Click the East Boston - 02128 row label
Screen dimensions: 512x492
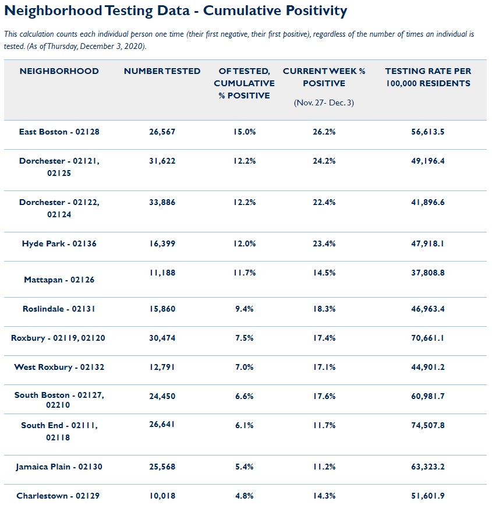coord(59,132)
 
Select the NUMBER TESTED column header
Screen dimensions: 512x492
coord(162,71)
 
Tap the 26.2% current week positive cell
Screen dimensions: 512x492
coord(324,132)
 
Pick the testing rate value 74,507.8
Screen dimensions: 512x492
coord(427,425)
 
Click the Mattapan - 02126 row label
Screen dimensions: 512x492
coord(59,280)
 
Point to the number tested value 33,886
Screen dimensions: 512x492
coord(162,202)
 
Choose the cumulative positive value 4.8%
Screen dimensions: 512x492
coord(244,496)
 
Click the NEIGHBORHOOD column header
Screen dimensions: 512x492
coord(59,71)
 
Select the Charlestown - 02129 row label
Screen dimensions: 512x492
coord(59,496)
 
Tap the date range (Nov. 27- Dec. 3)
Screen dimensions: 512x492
coord(324,103)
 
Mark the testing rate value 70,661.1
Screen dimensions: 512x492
coord(427,338)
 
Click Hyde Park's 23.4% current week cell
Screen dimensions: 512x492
coord(324,243)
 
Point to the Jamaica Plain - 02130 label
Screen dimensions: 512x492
coord(59,467)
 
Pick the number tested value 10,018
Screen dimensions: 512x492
coord(162,496)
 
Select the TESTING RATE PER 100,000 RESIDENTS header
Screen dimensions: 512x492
coord(427,77)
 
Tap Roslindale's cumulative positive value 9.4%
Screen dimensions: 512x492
coord(244,309)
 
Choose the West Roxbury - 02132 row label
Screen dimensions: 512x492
coord(59,367)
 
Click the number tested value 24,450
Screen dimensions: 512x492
coord(162,396)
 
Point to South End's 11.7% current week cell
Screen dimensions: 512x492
coord(324,425)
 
